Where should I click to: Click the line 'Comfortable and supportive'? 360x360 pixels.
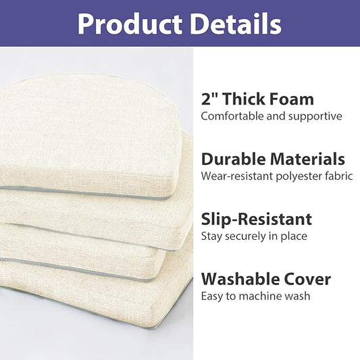271,116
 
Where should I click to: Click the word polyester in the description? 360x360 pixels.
296,176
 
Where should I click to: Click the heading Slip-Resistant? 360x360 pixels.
257,219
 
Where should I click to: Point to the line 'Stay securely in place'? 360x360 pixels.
254,236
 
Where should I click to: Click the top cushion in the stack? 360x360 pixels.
95,135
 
